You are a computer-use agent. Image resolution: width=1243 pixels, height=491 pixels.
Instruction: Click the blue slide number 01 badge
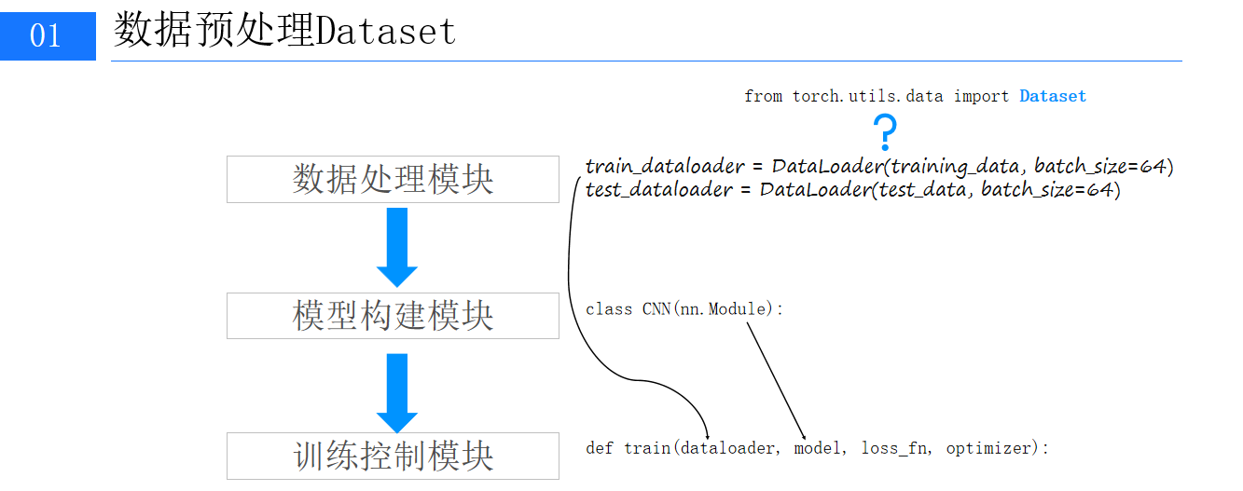click(48, 36)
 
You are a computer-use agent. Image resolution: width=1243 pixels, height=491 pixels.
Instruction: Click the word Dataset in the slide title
click(386, 32)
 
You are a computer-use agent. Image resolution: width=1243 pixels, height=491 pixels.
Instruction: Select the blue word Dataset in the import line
click(1053, 96)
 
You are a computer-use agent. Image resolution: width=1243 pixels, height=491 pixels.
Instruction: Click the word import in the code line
click(981, 96)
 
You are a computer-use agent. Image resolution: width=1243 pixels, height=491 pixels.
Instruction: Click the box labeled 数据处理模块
click(393, 179)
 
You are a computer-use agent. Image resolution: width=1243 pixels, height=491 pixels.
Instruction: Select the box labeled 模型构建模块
click(393, 316)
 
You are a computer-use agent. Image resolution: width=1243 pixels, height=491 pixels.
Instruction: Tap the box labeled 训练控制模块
click(393, 456)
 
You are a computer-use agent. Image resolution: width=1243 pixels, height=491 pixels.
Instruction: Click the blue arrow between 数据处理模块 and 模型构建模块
click(397, 247)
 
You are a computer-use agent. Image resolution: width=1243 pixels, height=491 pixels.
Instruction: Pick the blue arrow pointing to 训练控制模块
click(397, 392)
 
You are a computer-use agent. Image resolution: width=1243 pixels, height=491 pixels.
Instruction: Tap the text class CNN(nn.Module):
click(684, 308)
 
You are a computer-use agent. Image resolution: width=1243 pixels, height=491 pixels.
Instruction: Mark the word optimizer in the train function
click(993, 448)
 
